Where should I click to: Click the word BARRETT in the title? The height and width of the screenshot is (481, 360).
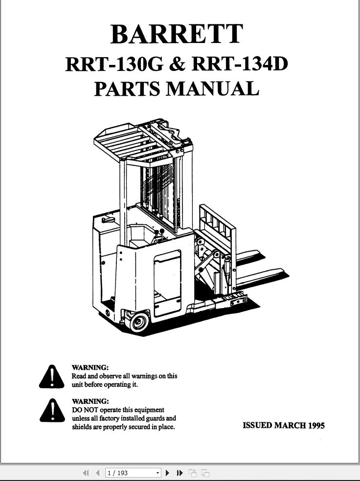tap(177, 34)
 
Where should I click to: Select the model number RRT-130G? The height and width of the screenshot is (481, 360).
tap(114, 64)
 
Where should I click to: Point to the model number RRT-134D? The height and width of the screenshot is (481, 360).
tap(240, 64)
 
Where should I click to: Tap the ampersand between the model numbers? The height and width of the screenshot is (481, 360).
tap(178, 64)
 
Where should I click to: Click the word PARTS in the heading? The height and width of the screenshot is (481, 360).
tap(127, 88)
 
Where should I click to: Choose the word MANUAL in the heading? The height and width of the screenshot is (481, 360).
tap(213, 88)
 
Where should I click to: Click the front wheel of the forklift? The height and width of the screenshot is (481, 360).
tap(139, 322)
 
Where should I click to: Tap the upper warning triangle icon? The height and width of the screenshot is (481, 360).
tap(51, 377)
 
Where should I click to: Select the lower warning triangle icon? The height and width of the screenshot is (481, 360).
tap(52, 411)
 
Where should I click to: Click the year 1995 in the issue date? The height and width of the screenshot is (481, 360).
tap(316, 425)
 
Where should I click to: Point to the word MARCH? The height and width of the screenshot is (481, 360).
tap(290, 425)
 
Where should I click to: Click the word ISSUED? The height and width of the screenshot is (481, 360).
tap(257, 425)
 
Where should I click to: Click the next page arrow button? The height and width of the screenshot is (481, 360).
tap(168, 473)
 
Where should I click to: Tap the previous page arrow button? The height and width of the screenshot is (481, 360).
tap(98, 473)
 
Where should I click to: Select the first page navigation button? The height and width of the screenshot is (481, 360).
tap(86, 473)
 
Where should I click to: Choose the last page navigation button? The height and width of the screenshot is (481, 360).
tap(180, 473)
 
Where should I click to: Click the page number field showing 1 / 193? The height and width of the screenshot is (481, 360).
tap(130, 473)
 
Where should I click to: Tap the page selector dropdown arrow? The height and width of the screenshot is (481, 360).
tap(157, 473)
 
